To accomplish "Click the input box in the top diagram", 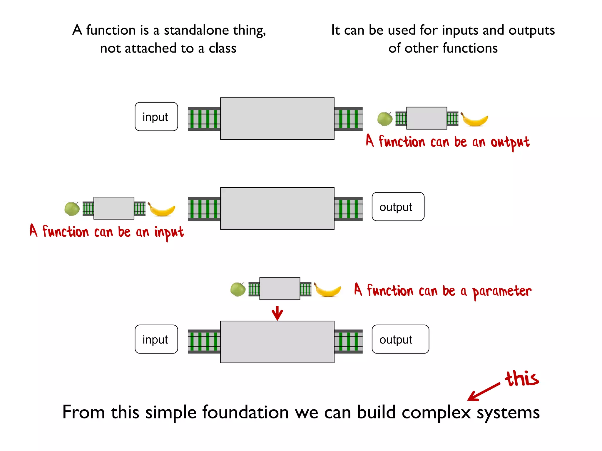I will click(156, 117).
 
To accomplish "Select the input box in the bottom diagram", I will click(156, 339).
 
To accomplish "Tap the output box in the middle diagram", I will click(398, 206).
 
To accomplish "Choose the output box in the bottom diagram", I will click(400, 339).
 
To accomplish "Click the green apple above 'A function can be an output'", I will click(385, 119).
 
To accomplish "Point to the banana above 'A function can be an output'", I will click(474, 120).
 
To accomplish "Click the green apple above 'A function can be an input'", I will click(72, 209).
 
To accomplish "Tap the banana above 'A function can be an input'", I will click(161, 209).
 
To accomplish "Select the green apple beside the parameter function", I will click(238, 290).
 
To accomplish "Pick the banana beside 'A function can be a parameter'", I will click(327, 290).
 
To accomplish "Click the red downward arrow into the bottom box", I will click(277, 313).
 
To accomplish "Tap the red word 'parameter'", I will click(501, 292).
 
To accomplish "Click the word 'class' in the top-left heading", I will click(222, 48).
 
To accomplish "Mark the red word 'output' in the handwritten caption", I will click(510, 143).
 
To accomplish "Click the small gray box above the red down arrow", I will click(280, 289).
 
